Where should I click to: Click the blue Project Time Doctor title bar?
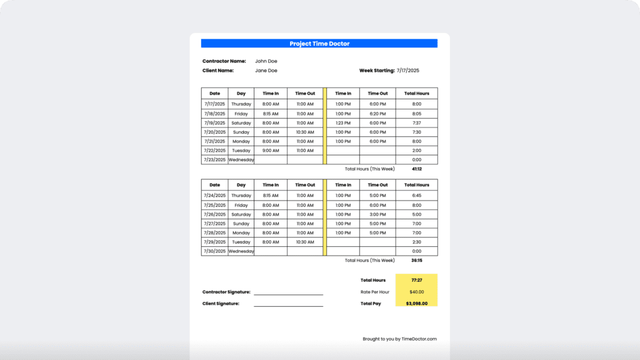[319, 44]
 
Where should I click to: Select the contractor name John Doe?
[266, 61]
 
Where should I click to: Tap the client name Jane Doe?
[266, 71]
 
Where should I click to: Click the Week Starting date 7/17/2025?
[408, 71]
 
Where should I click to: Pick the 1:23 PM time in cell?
[343, 123]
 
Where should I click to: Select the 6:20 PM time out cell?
[377, 114]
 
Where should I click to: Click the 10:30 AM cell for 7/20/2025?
[305, 132]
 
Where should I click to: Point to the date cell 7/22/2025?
[214, 151]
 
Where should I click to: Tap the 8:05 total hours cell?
[416, 114]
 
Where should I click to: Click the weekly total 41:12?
[416, 169]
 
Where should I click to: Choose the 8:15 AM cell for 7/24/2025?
[271, 196]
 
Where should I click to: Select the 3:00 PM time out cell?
[377, 214]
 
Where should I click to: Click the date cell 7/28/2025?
[214, 232]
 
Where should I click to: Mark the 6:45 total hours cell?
[416, 196]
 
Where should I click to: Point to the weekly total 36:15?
[416, 261]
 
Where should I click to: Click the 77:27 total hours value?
[416, 280]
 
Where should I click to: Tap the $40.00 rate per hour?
[416, 292]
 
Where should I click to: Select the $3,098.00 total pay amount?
[416, 304]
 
